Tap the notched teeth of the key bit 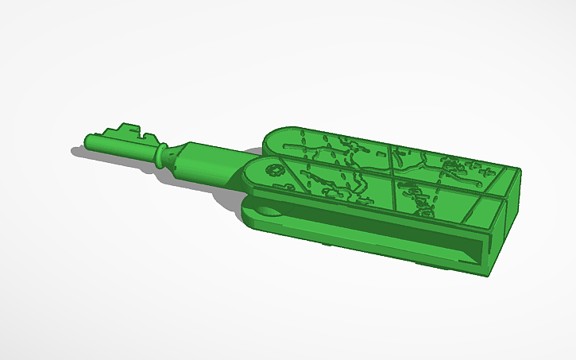[x=127, y=128]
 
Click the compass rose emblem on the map [x=275, y=169]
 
